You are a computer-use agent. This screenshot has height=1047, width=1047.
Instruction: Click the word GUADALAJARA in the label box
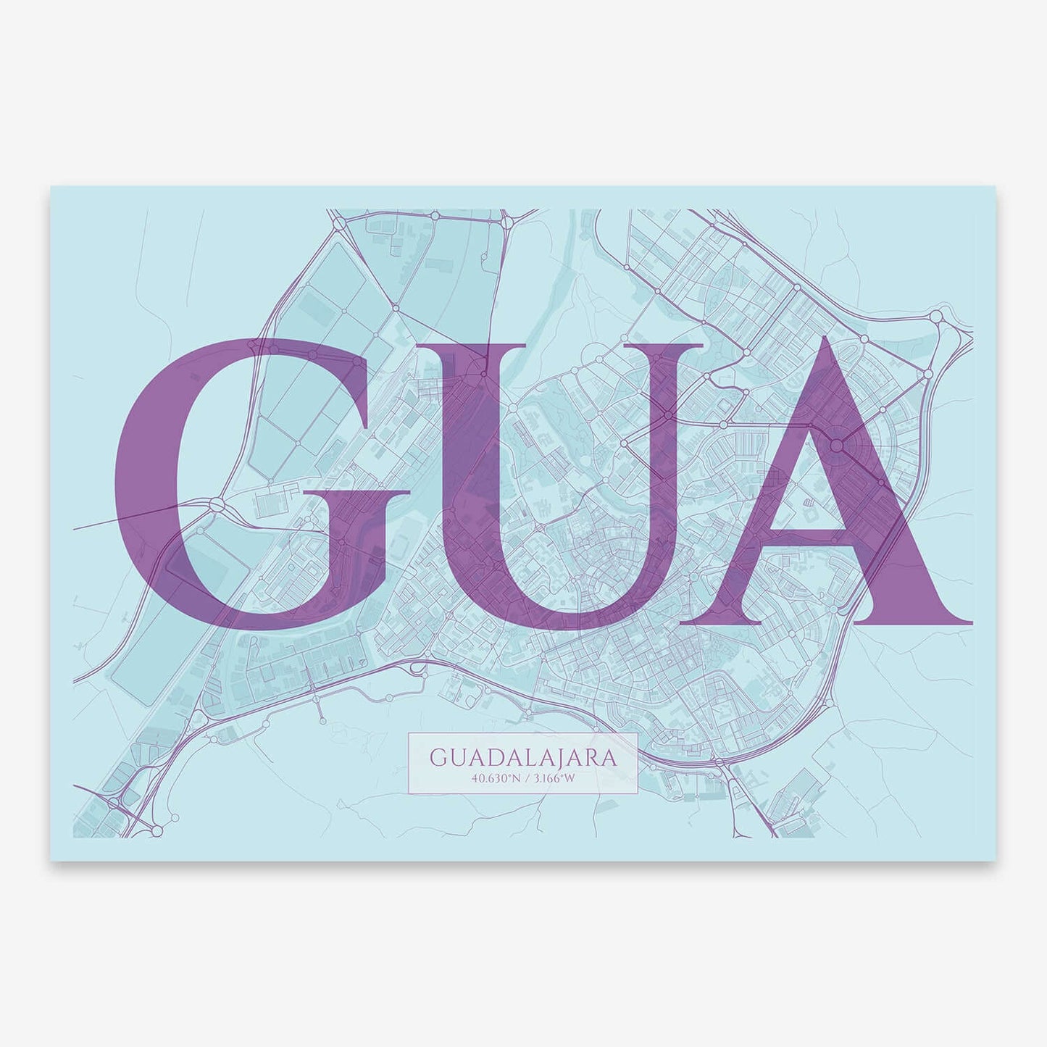[522, 757]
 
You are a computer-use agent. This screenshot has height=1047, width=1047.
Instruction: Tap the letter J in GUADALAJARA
[562, 758]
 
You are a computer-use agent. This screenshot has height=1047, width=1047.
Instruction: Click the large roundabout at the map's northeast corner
[935, 316]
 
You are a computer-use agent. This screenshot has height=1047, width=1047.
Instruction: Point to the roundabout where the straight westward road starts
[216, 504]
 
